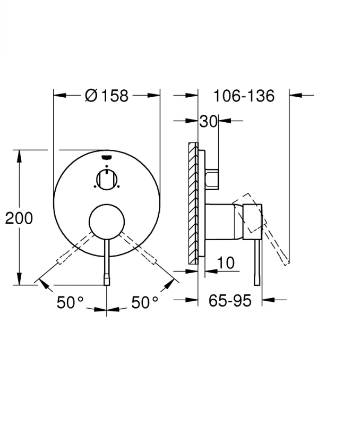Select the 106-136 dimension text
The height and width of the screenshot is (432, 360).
tap(244, 96)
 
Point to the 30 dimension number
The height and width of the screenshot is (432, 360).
tap(208, 122)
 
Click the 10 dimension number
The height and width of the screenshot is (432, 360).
tap(226, 262)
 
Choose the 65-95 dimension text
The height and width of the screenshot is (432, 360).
tap(229, 301)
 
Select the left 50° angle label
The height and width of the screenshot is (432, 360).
tap(71, 303)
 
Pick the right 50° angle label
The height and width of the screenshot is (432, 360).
tap(145, 303)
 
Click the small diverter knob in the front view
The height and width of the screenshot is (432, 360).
tap(107, 179)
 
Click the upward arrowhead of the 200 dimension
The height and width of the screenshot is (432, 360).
tap(20, 155)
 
